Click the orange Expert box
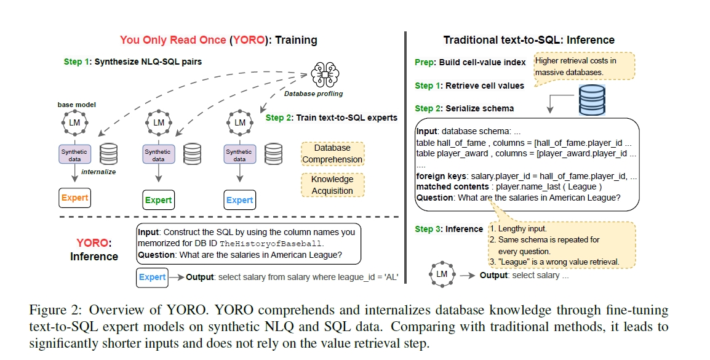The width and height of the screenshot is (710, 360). (74, 198)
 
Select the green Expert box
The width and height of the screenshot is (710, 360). (158, 200)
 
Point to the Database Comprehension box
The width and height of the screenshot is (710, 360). (332, 154)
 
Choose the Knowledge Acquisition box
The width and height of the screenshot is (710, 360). (332, 185)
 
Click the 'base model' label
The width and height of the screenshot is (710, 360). (76, 105)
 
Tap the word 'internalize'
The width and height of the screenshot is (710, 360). (99, 172)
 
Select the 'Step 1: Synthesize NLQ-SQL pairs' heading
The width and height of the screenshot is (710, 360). (132, 62)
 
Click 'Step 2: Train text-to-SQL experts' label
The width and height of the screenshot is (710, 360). (331, 118)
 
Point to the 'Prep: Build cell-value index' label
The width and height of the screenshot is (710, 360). (470, 62)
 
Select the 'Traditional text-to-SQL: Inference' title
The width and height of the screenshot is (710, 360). (529, 40)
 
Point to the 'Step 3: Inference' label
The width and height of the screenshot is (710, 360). (449, 229)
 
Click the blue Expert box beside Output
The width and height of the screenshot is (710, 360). (152, 278)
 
